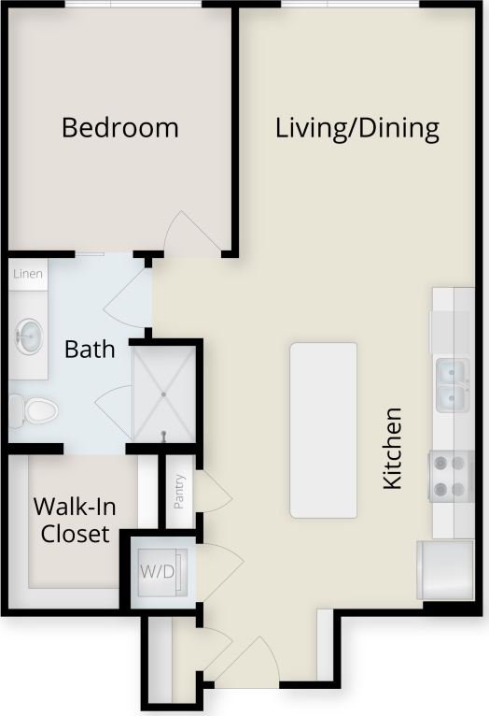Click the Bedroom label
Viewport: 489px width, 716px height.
pos(119,127)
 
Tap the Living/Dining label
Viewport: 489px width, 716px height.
pos(357,128)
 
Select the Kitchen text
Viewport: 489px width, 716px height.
pos(393,447)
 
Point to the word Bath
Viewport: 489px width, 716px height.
pos(90,350)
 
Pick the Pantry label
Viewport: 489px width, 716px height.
pos(180,492)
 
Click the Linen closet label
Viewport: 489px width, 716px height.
pos(27,274)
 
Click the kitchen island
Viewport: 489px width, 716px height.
pos(323,429)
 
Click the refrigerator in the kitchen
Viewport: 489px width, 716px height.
pos(445,569)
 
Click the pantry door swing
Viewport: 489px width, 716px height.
pos(212,492)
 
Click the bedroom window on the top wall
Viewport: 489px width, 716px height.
pos(133,5)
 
